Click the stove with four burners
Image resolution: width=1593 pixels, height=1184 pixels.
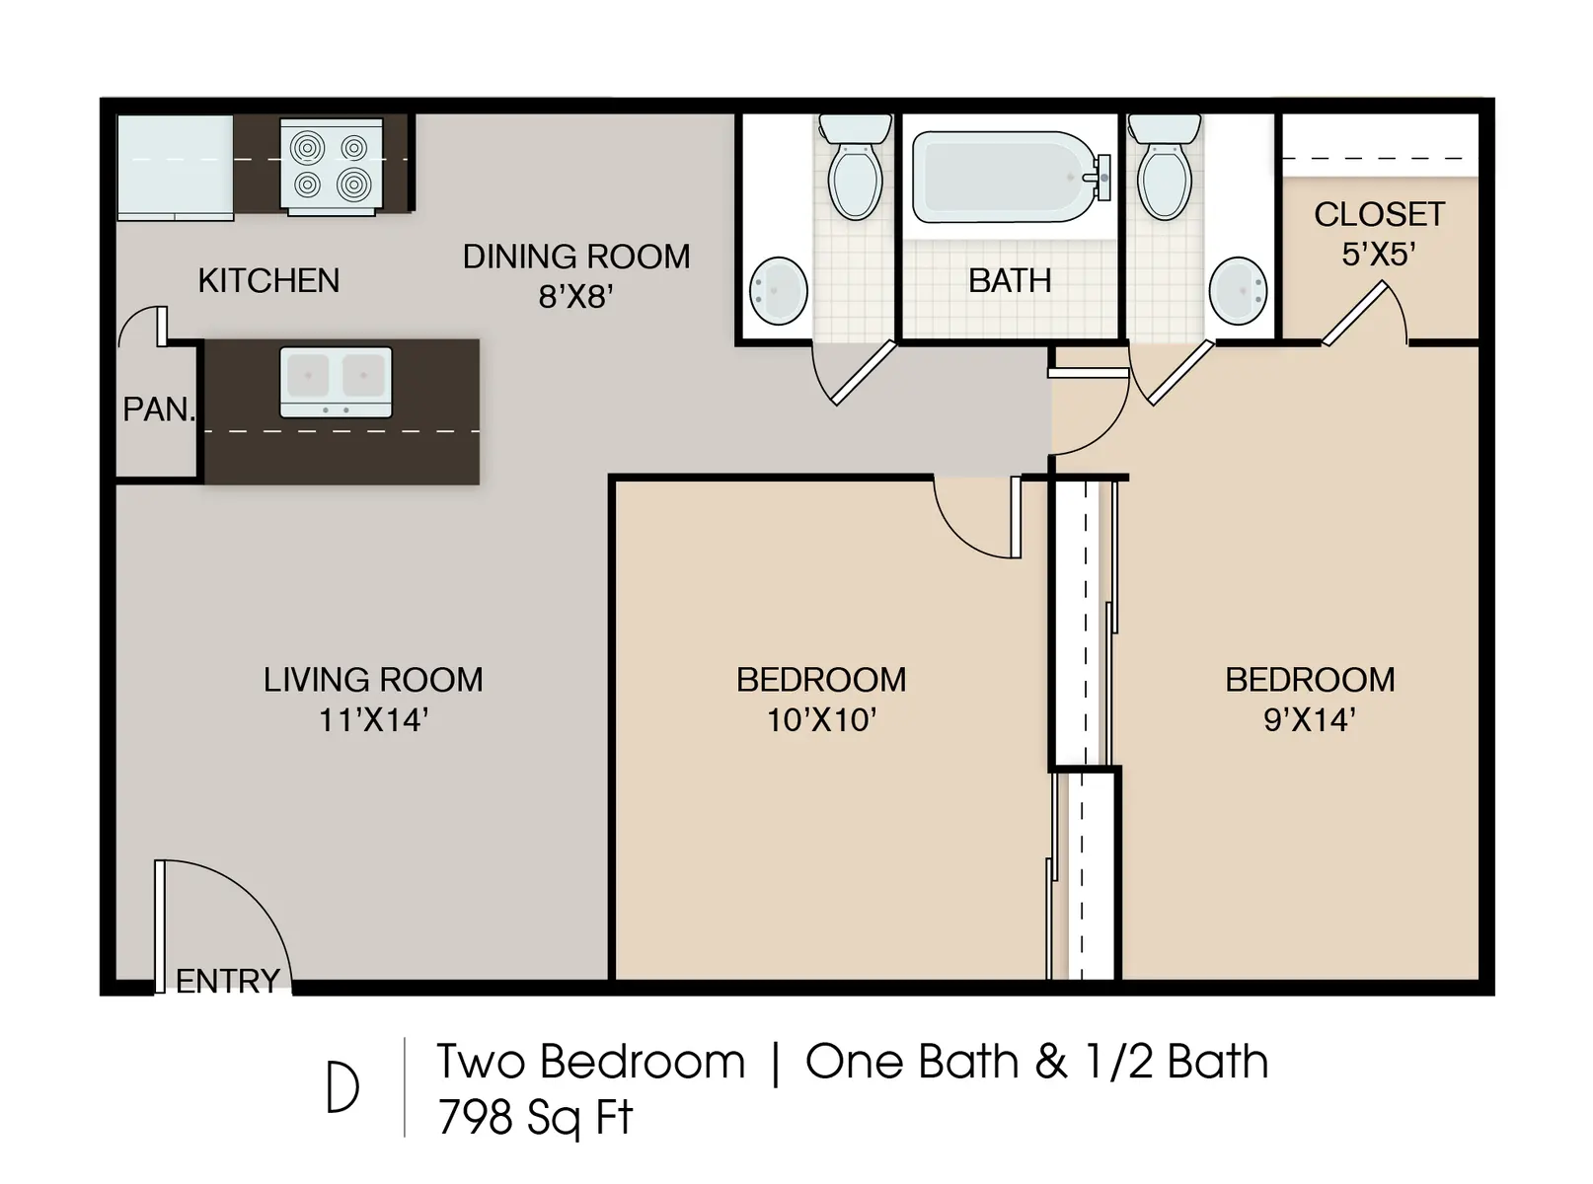(331, 166)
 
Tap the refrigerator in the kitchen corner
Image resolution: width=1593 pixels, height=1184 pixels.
(176, 166)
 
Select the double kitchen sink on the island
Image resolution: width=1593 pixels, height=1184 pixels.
(336, 381)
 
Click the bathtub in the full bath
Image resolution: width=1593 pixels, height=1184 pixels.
(1004, 178)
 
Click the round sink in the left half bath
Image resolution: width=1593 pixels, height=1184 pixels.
(779, 291)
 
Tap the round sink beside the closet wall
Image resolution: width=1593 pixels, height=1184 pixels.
(1238, 291)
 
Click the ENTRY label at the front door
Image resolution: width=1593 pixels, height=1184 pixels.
(228, 981)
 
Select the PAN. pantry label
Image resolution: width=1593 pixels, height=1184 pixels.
(158, 408)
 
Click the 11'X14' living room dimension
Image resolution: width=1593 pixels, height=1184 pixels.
(372, 720)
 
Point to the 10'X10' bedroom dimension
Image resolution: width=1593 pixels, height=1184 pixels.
(821, 720)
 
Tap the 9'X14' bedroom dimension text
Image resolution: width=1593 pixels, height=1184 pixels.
(1309, 720)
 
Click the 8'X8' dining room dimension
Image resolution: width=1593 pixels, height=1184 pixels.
(575, 296)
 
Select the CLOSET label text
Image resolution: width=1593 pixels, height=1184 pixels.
(1379, 214)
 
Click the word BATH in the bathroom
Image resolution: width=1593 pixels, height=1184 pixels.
(1009, 281)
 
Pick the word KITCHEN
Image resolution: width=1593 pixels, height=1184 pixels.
(268, 281)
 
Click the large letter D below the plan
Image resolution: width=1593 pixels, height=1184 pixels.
(342, 1088)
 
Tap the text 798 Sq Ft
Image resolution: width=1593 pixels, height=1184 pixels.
(534, 1118)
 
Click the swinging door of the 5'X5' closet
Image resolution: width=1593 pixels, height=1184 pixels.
(1354, 314)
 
